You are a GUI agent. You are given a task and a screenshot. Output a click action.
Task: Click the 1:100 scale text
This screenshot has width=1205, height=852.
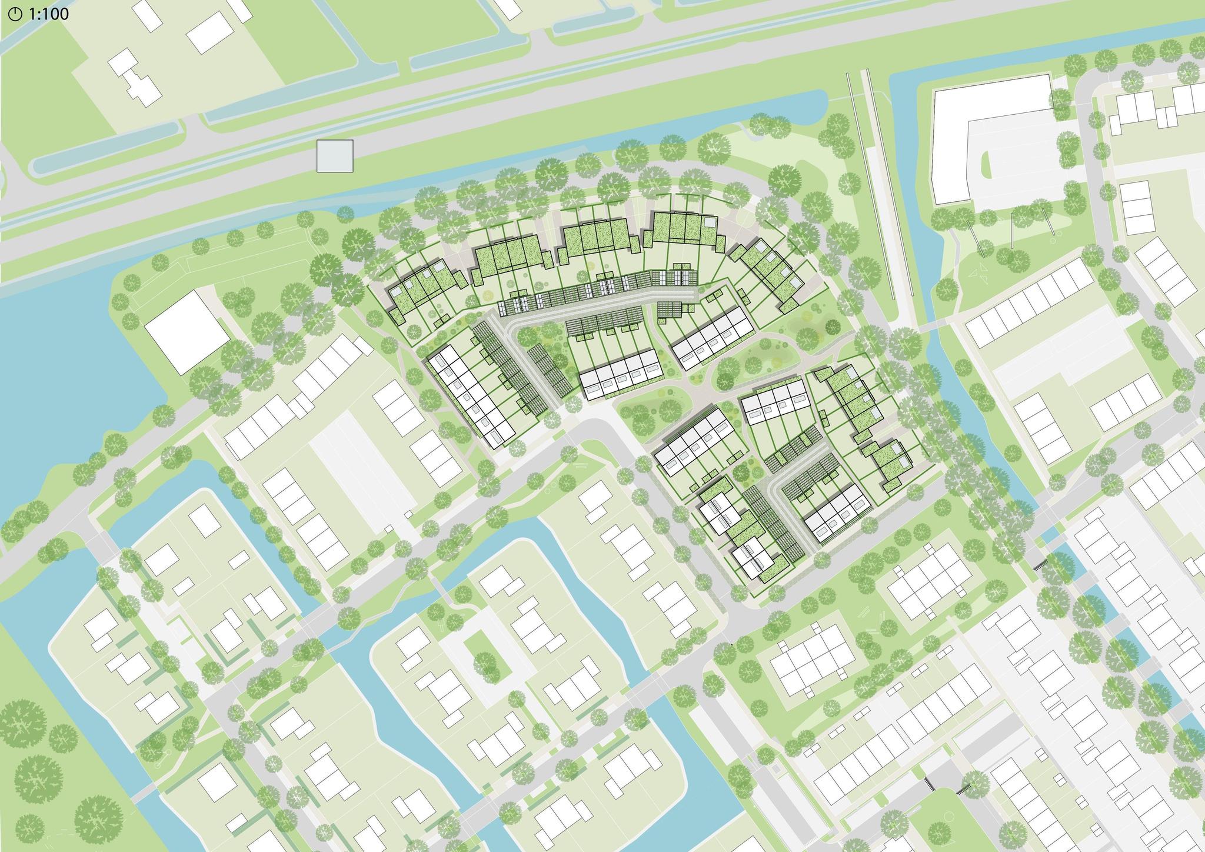point(47,13)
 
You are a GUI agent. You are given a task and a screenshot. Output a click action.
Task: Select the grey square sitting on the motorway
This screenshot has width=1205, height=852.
point(335,156)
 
